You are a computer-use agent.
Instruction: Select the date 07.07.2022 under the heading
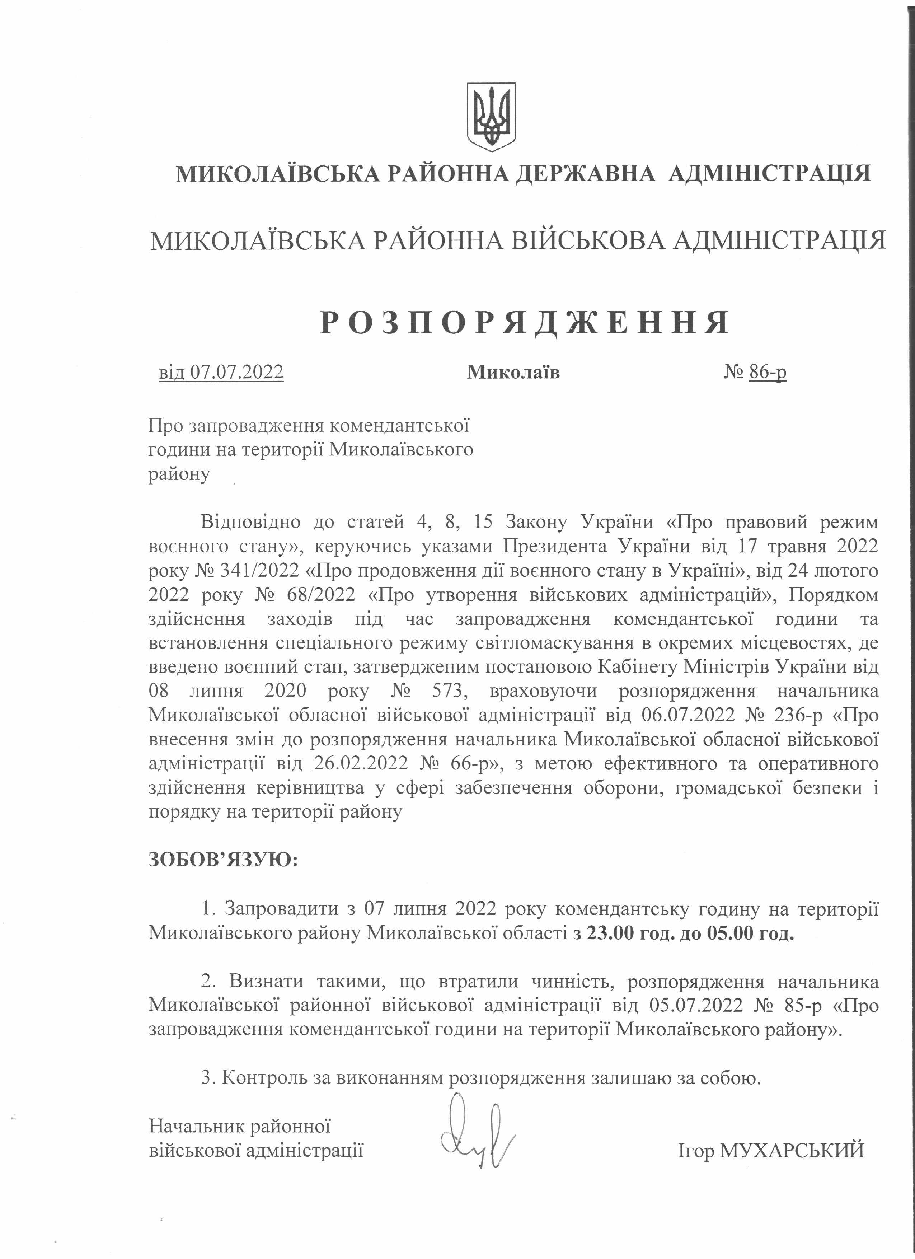237,371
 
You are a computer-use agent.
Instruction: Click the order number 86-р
768,371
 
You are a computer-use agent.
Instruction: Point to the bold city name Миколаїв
513,372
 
